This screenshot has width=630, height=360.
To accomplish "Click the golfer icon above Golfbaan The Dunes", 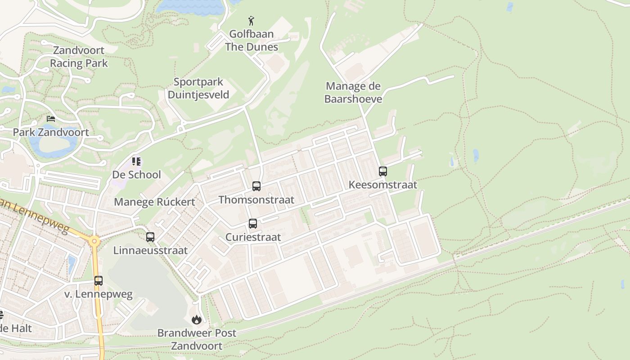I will click(x=251, y=21).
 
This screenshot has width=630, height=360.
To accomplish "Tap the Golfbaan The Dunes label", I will click(x=252, y=40).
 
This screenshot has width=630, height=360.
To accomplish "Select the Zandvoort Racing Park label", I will click(x=79, y=57).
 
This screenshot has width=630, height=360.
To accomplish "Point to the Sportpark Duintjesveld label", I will click(x=198, y=88).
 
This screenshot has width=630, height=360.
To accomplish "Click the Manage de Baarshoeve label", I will click(x=353, y=92).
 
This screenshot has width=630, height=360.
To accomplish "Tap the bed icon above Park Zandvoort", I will click(x=51, y=119).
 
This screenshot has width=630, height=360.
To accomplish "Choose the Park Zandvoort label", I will click(x=51, y=132).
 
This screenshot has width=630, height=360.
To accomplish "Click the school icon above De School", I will click(x=136, y=161).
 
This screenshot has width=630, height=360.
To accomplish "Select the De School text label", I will click(x=136, y=175).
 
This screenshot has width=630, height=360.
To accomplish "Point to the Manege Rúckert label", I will click(x=154, y=202).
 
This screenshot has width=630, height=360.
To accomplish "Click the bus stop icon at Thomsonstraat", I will click(x=256, y=186).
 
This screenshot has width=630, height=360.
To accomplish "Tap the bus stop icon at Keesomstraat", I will click(x=383, y=171).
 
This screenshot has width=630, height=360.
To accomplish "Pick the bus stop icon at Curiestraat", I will click(x=253, y=224).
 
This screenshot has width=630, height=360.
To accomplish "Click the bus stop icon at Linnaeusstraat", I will click(x=150, y=237).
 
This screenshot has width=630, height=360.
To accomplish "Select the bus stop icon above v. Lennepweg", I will click(x=99, y=281).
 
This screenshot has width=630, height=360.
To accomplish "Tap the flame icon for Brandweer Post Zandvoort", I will click(x=196, y=320).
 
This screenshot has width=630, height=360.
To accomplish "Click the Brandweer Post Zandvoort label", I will click(x=197, y=339).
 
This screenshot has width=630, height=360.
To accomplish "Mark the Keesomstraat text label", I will click(x=383, y=185).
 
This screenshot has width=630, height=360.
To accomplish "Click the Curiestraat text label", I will click(x=253, y=237).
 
